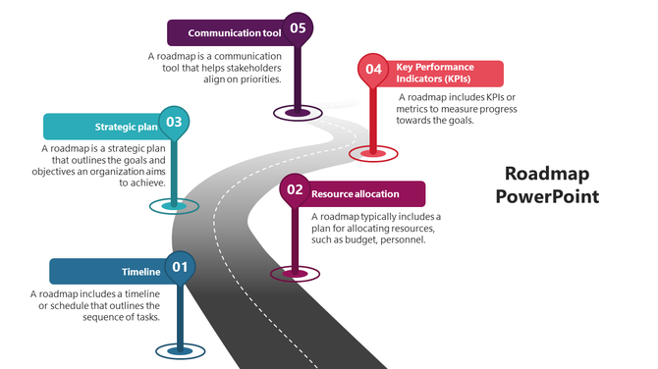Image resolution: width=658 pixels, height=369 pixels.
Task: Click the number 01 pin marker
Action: [x=180, y=267]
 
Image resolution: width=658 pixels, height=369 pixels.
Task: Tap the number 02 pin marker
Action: [x=295, y=189]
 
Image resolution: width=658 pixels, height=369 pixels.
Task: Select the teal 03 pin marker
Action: [x=173, y=122]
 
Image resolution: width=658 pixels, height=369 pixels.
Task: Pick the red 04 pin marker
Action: [x=373, y=70]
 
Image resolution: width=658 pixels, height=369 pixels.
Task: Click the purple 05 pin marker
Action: [x=298, y=28]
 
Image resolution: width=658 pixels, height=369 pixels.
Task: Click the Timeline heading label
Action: [x=140, y=272]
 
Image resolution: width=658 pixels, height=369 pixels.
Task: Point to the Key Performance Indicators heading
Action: [x=441, y=73]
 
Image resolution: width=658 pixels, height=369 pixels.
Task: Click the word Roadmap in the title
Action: [x=547, y=174]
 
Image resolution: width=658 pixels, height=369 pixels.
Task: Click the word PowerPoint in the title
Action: [x=547, y=196]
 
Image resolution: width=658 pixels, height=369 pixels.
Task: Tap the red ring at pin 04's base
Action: [x=373, y=152]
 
